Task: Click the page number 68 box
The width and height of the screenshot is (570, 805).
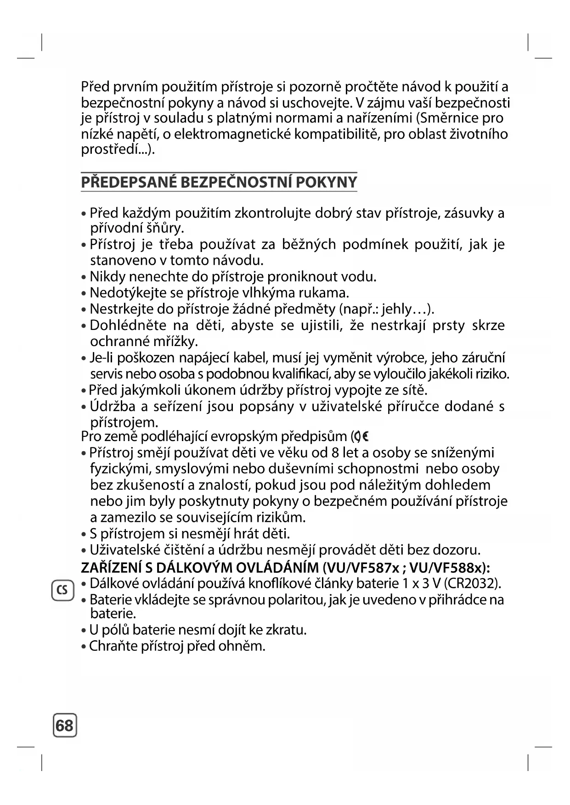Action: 65,726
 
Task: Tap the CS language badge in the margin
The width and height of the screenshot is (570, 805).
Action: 62,590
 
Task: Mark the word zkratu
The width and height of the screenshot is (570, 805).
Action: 283,630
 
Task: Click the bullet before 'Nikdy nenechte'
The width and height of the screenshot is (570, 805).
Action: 84,278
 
